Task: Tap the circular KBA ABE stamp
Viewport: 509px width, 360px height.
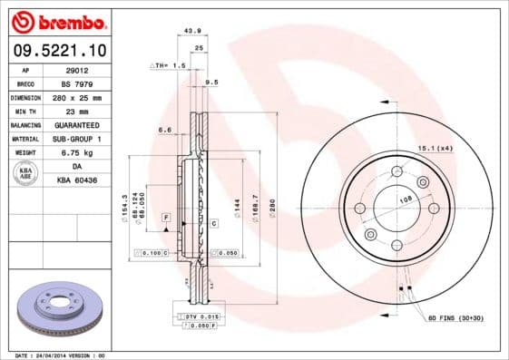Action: [25, 173]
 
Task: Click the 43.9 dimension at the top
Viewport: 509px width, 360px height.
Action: [192, 31]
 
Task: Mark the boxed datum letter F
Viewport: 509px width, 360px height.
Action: [166, 219]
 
